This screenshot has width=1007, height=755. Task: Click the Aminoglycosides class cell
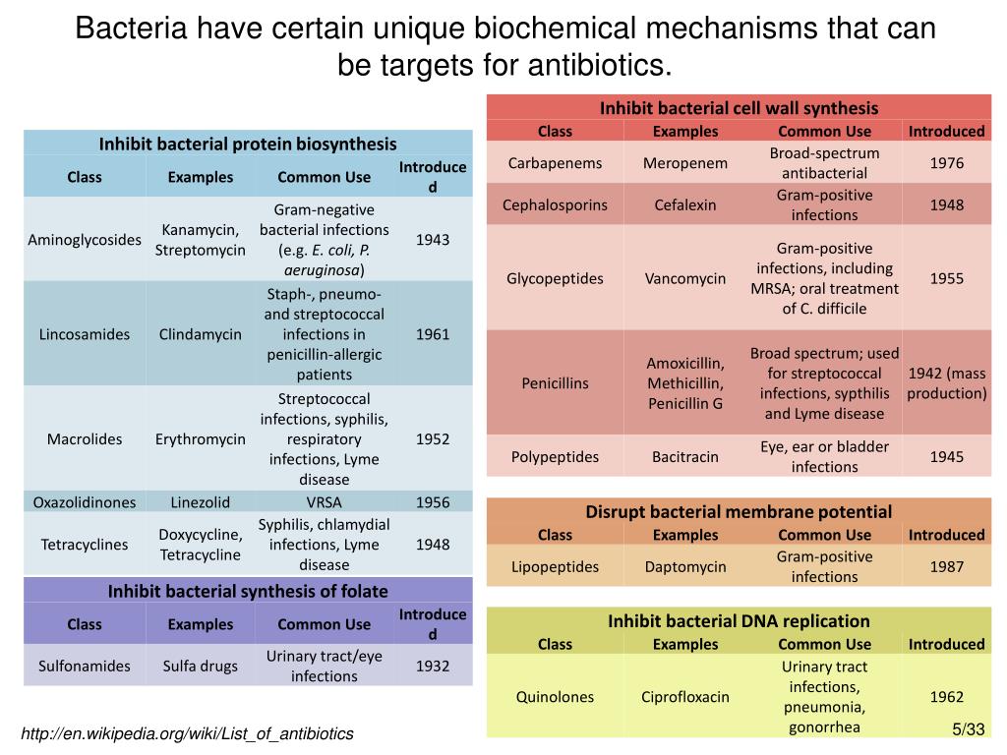(85, 240)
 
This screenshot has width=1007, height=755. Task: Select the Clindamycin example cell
(201, 334)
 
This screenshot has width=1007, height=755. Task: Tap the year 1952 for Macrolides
(433, 438)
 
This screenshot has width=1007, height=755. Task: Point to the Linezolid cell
(201, 502)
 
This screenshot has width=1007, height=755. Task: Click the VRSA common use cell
(325, 502)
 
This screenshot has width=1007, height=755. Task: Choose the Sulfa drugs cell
(201, 666)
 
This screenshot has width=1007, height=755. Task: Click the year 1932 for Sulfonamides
(433, 666)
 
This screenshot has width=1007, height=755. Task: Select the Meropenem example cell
(685, 163)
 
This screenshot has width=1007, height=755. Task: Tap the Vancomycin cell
(685, 278)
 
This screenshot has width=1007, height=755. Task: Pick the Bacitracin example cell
(685, 456)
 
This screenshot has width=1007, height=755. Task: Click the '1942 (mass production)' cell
(946, 383)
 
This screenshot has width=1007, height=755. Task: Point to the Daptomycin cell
(685, 566)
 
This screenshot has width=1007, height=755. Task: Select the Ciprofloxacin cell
(685, 697)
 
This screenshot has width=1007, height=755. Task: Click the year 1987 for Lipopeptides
(946, 566)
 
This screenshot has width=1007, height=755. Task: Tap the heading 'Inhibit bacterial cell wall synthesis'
(739, 108)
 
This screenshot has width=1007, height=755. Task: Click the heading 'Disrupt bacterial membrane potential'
(739, 511)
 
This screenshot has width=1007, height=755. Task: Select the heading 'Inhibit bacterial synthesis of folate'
(248, 591)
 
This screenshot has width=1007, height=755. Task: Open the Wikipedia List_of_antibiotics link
(187, 734)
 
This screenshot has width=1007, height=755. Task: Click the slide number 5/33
(968, 728)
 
